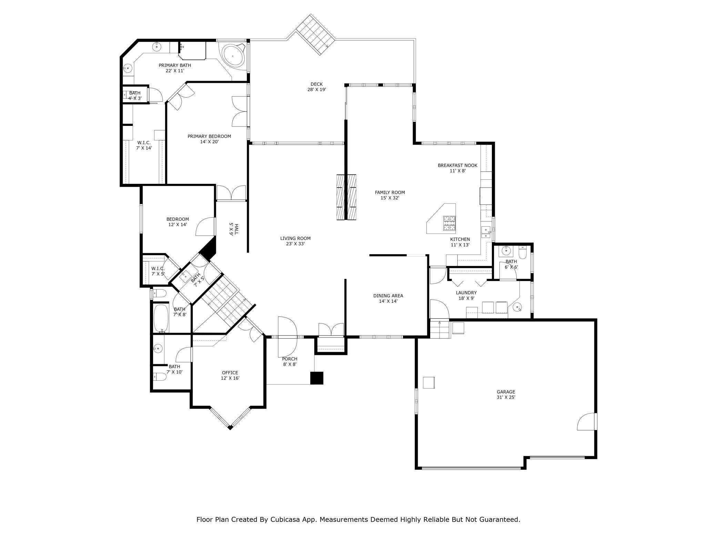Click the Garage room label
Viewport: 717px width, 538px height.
click(x=506, y=394)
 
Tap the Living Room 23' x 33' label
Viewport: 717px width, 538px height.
click(x=295, y=241)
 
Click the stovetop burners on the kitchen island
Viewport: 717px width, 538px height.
click(x=449, y=223)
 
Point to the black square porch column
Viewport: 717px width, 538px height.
click(x=317, y=378)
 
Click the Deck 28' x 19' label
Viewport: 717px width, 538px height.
click(x=316, y=87)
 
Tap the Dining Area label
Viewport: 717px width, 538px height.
click(x=388, y=298)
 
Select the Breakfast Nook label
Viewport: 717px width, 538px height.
click(x=457, y=168)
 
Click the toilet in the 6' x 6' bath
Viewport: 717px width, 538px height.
click(x=523, y=253)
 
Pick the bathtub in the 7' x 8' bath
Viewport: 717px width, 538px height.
click(x=161, y=318)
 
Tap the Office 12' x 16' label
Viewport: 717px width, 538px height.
click(x=230, y=375)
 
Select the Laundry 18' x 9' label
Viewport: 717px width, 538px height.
click(x=466, y=296)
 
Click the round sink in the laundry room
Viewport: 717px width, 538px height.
click(x=517, y=307)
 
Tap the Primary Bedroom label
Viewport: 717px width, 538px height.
click(x=209, y=139)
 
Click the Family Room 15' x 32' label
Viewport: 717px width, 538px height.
click(x=390, y=195)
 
